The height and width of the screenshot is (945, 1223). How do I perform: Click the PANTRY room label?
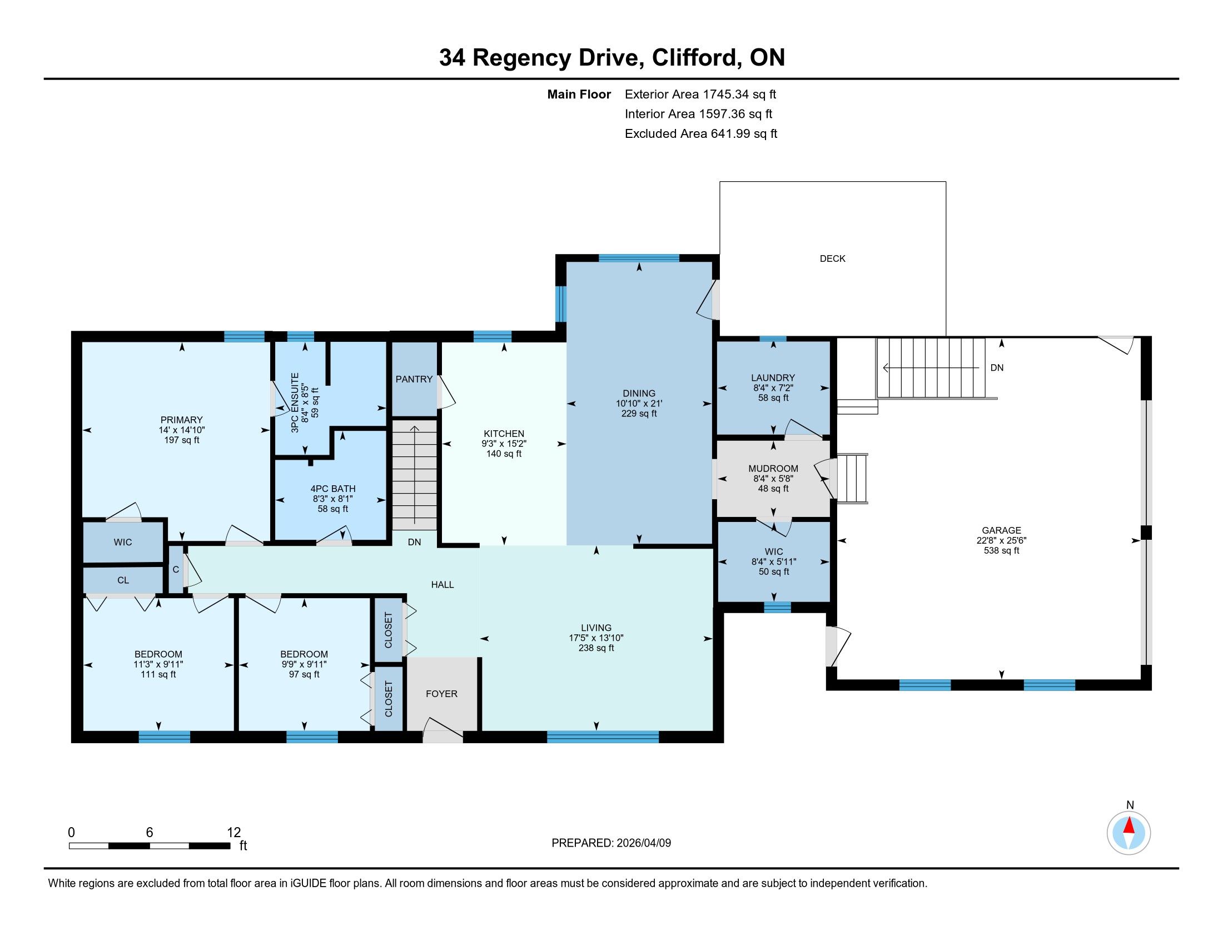414,379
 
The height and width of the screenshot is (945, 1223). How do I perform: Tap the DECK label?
832,258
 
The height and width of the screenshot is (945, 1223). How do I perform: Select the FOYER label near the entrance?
441,694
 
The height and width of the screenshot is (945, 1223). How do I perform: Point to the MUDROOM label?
773,469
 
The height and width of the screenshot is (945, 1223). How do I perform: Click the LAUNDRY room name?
773,378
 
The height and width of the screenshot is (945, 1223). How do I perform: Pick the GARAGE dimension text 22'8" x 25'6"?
1001,540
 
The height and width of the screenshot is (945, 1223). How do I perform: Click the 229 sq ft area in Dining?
638,414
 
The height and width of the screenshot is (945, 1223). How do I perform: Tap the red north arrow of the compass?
1129,825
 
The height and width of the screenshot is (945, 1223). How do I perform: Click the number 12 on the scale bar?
233,833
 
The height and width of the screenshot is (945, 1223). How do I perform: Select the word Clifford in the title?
694,58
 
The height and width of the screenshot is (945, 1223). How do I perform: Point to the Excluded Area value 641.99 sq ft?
744,134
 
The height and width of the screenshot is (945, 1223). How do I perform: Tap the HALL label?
442,584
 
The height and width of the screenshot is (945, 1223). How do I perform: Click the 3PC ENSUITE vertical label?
295,402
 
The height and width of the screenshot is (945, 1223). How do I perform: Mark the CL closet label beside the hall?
123,580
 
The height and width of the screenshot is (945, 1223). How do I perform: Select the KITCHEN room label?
504,434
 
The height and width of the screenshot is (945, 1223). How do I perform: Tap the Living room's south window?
603,737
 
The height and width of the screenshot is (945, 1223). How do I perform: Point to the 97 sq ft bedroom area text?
304,675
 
